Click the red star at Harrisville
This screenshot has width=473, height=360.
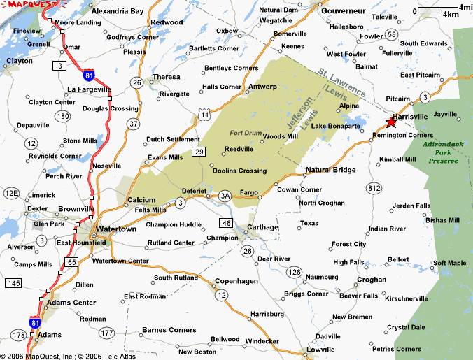390,122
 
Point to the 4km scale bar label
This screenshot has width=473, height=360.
450,14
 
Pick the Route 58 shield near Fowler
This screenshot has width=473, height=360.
392,34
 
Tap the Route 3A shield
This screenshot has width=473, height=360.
225,195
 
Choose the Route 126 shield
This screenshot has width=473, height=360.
295,271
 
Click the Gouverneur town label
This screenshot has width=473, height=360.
344,11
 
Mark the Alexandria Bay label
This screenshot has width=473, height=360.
118,11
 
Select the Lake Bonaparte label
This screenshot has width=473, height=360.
336,126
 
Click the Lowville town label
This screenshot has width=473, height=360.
320,349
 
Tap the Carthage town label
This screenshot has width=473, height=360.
262,227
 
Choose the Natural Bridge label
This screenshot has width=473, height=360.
331,170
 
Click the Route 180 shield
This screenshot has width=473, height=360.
64,115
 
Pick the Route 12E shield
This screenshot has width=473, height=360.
11,193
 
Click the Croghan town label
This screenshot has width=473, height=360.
372,279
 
